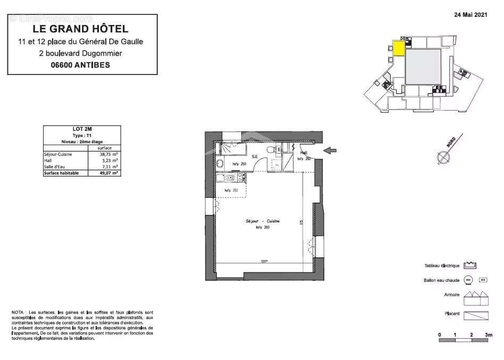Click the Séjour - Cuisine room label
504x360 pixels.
[x=262, y=221]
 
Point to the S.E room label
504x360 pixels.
[x=255, y=156]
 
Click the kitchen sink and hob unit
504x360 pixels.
[x=230, y=178]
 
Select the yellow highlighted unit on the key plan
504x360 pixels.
[x=399, y=48]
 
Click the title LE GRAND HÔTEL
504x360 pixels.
[x=80, y=29]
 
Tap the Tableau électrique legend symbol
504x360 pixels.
[x=469, y=265]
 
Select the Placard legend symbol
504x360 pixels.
[x=476, y=315]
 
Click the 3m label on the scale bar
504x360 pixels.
[x=488, y=334]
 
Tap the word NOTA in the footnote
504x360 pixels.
[x=18, y=312]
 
